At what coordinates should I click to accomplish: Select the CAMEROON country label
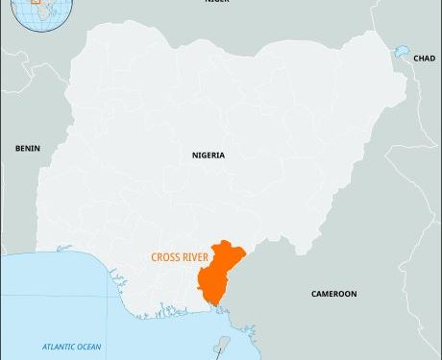click(334, 294)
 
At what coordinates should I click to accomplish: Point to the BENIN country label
click(26, 148)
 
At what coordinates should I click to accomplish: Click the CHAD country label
click(425, 59)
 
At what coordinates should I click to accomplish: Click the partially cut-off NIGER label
click(217, 3)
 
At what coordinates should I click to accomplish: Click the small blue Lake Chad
click(399, 50)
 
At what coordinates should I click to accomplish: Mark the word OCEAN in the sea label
click(88, 346)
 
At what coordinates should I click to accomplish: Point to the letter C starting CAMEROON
click(313, 294)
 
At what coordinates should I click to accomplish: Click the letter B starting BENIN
click(17, 148)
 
